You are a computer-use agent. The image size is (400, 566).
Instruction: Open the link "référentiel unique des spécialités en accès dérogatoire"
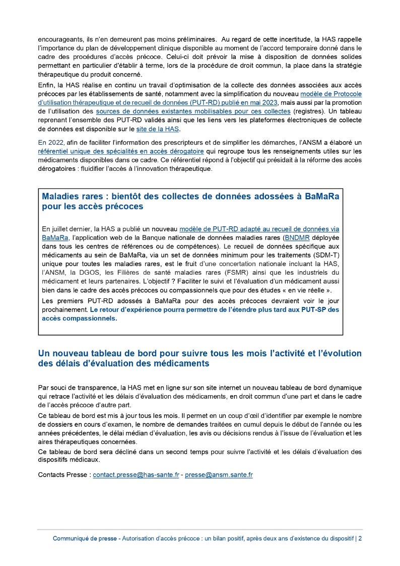(x=121, y=151)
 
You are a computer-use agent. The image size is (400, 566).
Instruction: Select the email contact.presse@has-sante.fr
(x=136, y=475)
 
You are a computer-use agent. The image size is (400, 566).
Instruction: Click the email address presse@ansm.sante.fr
(x=219, y=475)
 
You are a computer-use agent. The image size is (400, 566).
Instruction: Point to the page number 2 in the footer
(x=360, y=538)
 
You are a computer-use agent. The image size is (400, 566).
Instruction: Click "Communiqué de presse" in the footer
(x=85, y=538)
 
